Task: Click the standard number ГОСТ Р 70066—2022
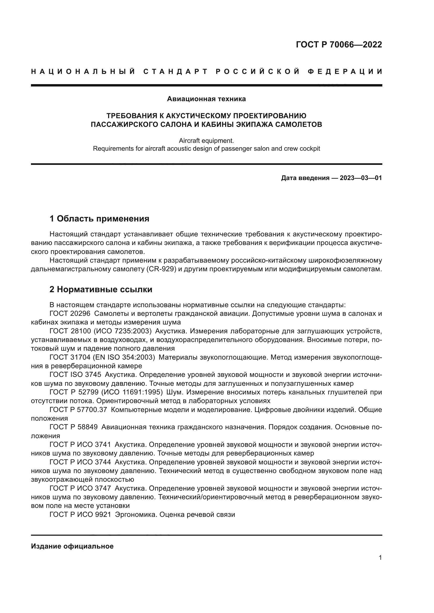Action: coord(339,45)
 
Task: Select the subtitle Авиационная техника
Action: coord(206,99)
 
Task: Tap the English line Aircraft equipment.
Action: coord(206,140)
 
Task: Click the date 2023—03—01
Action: coord(361,178)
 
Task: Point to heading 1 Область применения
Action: coord(99,219)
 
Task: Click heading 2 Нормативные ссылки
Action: coord(101,289)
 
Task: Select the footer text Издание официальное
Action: coord(72,546)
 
